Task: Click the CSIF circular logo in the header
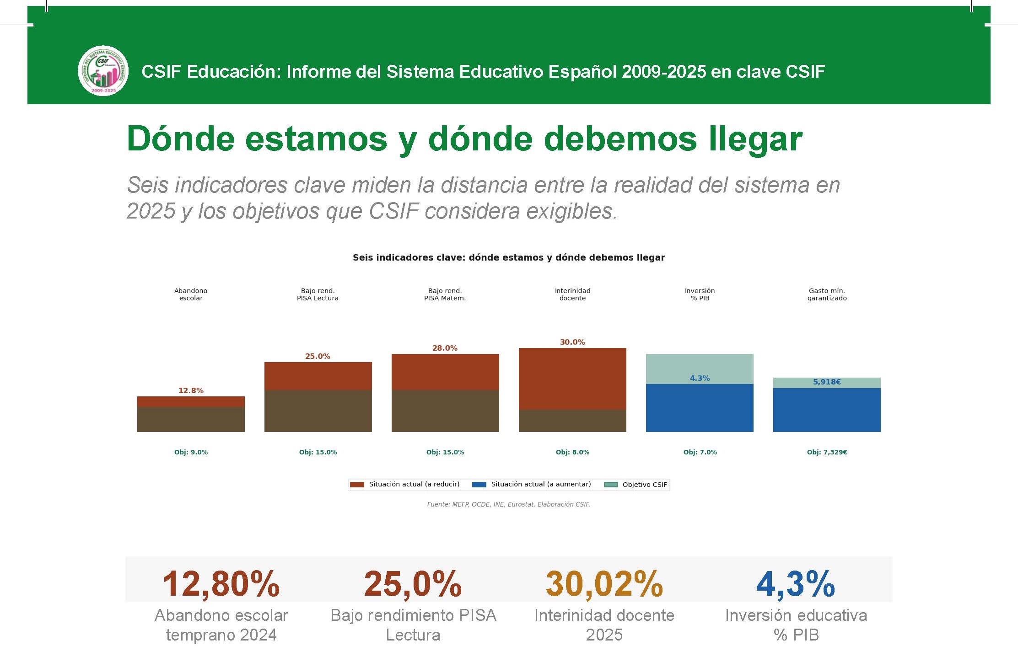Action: tap(103, 71)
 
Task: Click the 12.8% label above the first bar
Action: tap(191, 390)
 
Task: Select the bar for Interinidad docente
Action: tap(572, 390)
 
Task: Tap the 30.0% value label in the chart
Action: tap(572, 342)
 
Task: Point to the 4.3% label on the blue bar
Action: tap(700, 378)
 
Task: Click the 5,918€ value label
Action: tap(826, 382)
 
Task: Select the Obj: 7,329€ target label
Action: tap(826, 452)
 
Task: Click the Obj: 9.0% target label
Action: tap(191, 452)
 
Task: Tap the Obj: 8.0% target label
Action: tap(572, 452)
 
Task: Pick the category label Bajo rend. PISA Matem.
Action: tap(445, 294)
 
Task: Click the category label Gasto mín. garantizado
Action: tap(826, 294)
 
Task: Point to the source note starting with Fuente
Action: tap(508, 504)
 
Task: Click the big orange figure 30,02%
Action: tap(604, 584)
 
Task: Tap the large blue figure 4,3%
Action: tap(795, 584)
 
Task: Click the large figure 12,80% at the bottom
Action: tap(221, 584)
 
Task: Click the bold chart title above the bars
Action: tap(508, 257)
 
